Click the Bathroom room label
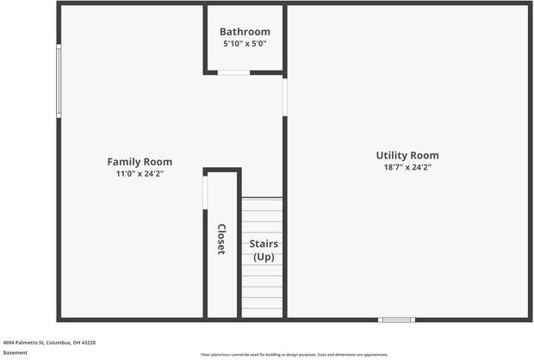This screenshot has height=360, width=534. [245, 32]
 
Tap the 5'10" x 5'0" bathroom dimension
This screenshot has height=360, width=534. [245, 43]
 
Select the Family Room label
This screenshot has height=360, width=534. [140, 162]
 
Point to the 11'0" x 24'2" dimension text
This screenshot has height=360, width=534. [140, 174]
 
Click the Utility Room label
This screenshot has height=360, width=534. [407, 156]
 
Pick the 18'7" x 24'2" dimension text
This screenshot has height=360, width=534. [407, 168]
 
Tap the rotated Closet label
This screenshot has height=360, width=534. [221, 239]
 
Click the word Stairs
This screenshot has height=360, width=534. [263, 244]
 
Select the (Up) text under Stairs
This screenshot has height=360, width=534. [263, 257]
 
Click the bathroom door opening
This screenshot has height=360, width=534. [233, 73]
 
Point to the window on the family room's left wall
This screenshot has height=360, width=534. [59, 81]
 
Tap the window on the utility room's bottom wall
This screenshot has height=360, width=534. [397, 320]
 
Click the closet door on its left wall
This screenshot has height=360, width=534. [205, 191]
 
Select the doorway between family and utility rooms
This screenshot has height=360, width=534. [285, 96]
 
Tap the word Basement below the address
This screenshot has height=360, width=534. [16, 352]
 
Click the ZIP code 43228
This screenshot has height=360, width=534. [87, 343]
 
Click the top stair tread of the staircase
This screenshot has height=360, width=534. [262, 203]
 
